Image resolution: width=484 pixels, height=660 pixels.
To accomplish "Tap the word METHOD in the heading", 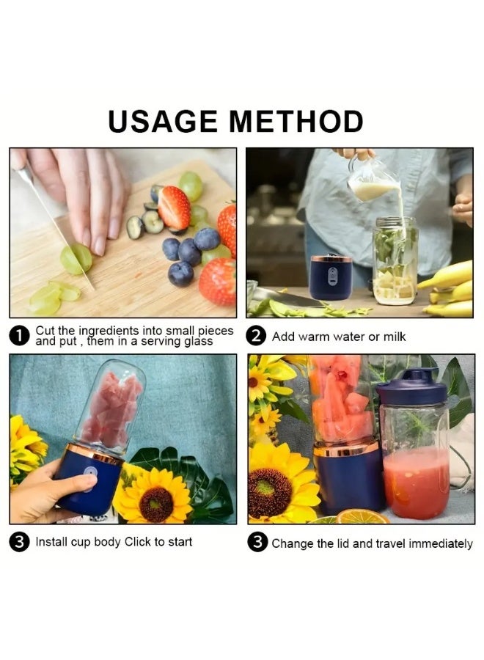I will pos(297,121).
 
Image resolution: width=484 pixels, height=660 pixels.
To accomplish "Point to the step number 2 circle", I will pos(257,336).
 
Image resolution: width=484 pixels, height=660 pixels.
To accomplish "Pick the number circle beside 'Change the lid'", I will pos(257,543).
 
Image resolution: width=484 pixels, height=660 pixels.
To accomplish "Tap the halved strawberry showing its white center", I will pos(174,208).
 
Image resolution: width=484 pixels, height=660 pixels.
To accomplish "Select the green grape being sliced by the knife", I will pos(76,259).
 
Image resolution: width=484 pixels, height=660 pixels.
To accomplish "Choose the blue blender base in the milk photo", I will pos(331,278).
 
